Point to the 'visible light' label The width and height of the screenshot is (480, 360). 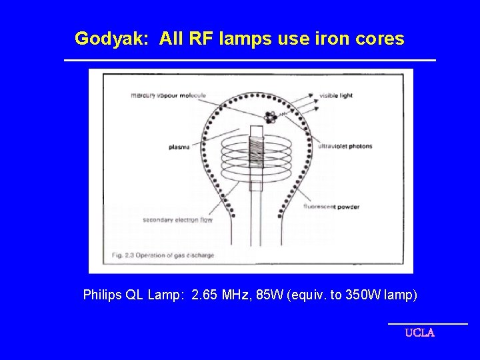tap(337, 95)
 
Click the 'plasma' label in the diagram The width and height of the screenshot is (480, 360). tap(179, 147)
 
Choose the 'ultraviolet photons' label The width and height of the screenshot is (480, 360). tap(345, 147)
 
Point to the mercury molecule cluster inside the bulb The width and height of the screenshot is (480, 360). tap(270, 117)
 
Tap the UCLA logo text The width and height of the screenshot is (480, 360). tap(419, 333)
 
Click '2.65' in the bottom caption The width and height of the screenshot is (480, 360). tap(204, 295)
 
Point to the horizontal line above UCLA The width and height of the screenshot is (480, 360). tap(427, 324)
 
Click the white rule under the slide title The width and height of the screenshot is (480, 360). tap(249, 61)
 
